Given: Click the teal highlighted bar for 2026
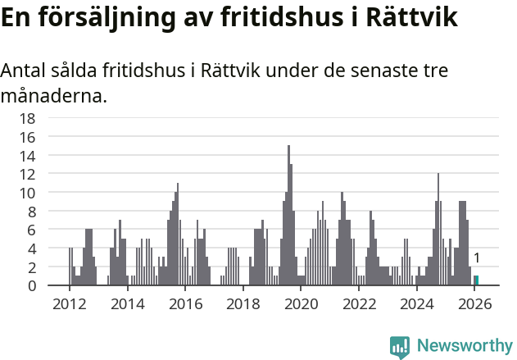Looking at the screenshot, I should point(476,280).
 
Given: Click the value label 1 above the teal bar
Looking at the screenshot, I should point(476,258).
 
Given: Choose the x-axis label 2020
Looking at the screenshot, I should point(301,304).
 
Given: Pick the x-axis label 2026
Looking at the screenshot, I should point(474,304).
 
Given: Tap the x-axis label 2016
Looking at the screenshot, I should point(185,304).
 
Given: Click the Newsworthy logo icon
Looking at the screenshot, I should point(399,346).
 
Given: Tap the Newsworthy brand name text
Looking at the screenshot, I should point(465,346).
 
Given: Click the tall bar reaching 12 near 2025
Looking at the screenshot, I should point(438,230).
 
